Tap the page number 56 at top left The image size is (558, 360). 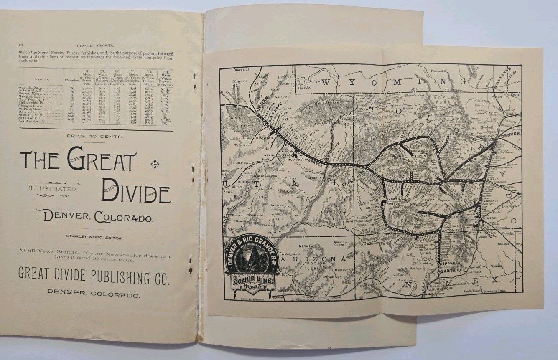point(20,45)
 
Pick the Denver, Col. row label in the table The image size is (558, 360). point(33,112)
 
